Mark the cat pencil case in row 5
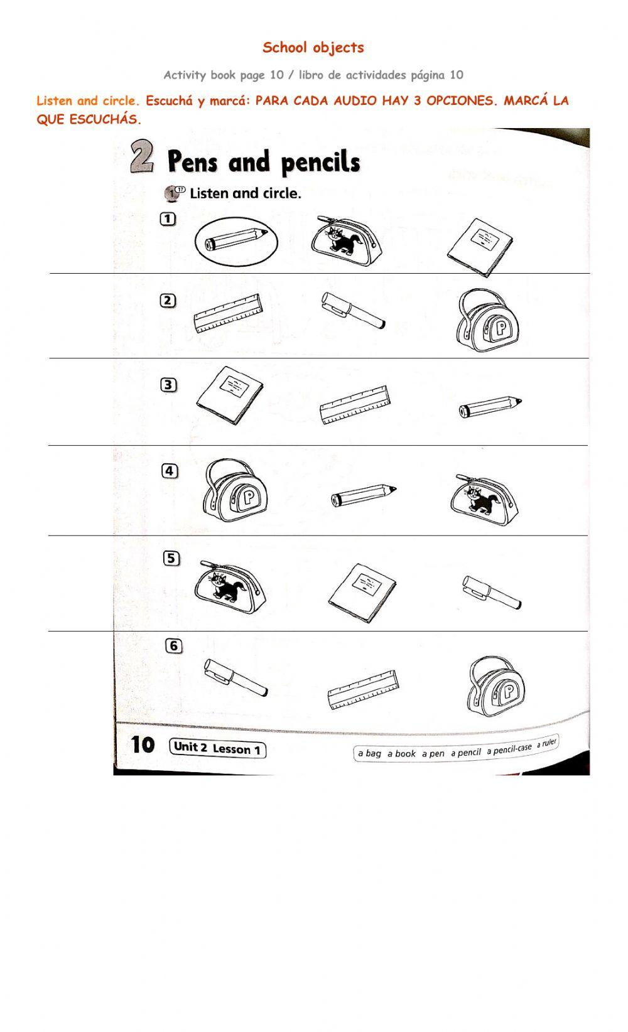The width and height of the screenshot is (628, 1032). click(x=229, y=587)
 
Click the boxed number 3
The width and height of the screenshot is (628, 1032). click(x=168, y=385)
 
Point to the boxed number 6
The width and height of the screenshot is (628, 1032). click(x=173, y=645)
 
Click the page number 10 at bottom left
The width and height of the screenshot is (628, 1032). click(x=143, y=745)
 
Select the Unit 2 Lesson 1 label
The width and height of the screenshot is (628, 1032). click(x=217, y=748)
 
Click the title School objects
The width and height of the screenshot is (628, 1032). click(x=313, y=48)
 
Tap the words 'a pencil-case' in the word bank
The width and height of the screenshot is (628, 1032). click(x=509, y=749)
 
